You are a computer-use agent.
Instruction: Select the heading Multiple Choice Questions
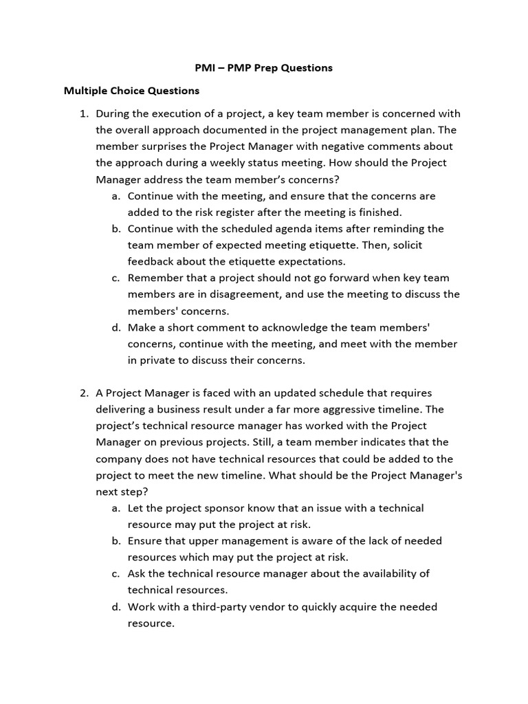(131, 91)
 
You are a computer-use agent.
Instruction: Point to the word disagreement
(261, 294)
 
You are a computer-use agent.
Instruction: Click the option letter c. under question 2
(115, 574)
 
